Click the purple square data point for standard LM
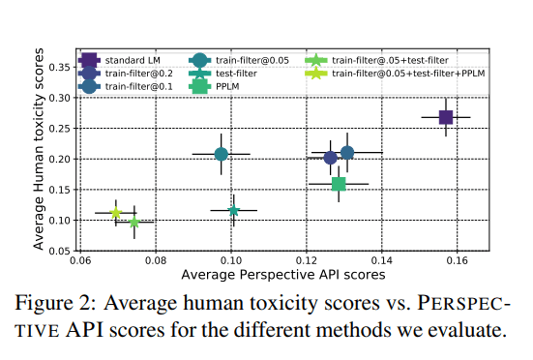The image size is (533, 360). [x=446, y=117]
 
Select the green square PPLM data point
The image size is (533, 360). [x=339, y=184]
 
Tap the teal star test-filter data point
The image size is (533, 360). [x=234, y=210]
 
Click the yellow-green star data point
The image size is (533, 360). [x=116, y=213]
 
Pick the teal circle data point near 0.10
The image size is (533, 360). [x=222, y=154]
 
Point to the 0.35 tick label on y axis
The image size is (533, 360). [x=59, y=67]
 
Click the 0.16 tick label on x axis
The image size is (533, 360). [x=457, y=260]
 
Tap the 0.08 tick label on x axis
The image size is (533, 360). [x=156, y=260]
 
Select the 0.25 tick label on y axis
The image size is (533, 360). [x=59, y=129]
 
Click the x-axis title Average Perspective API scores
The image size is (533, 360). [x=283, y=275]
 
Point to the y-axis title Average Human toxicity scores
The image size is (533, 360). [x=39, y=149]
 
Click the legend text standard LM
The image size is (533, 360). [x=133, y=61]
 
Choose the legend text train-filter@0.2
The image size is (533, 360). [x=139, y=74]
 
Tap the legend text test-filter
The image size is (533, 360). [x=236, y=74]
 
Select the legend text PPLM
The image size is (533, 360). [x=227, y=87]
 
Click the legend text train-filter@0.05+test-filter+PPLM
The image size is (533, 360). [x=408, y=74]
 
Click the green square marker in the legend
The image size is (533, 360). [x=199, y=86]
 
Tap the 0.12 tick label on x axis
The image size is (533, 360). [x=307, y=260]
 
